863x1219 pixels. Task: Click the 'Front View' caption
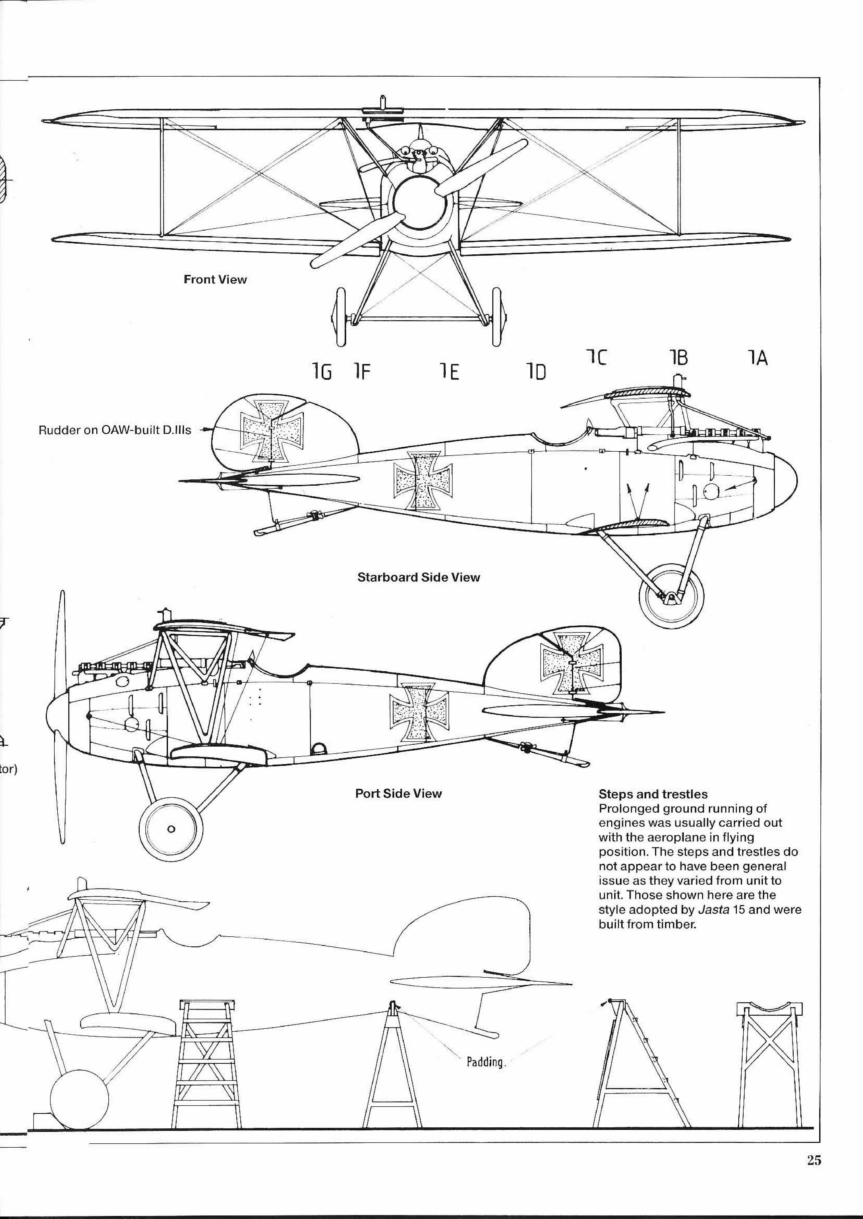click(x=215, y=280)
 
